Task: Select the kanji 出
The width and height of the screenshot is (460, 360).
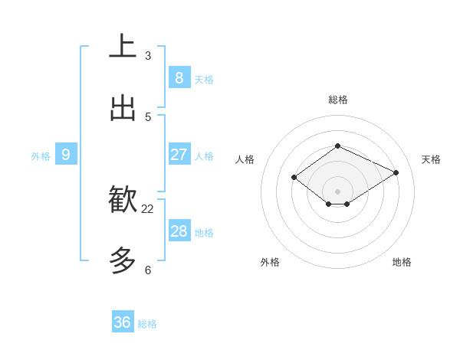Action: (x=123, y=108)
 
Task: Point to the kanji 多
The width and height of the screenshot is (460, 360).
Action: (x=123, y=261)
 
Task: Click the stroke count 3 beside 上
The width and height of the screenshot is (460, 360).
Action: (x=148, y=56)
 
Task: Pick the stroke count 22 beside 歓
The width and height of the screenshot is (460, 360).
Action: (x=148, y=208)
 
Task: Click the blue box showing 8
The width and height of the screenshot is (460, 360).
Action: (x=179, y=77)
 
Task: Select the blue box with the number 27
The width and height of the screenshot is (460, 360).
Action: (x=179, y=154)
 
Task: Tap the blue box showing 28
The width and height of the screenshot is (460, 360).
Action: (x=179, y=231)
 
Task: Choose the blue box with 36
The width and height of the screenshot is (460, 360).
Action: (x=123, y=322)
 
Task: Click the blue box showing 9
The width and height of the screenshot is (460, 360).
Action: (x=66, y=155)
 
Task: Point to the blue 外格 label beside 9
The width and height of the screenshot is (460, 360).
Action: (x=41, y=156)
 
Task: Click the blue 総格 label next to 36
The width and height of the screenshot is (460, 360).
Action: (x=147, y=324)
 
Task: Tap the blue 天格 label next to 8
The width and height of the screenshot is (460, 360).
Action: (x=204, y=79)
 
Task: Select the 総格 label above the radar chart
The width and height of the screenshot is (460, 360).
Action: (x=338, y=100)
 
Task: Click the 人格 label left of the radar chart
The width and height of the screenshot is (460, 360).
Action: (x=245, y=159)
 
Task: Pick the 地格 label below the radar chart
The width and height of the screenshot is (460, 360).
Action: (x=402, y=262)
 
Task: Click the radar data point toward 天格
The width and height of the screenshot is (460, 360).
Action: (x=396, y=172)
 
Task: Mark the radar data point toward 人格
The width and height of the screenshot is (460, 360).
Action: (x=294, y=178)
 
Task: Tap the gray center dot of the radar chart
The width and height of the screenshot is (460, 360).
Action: (x=338, y=191)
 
